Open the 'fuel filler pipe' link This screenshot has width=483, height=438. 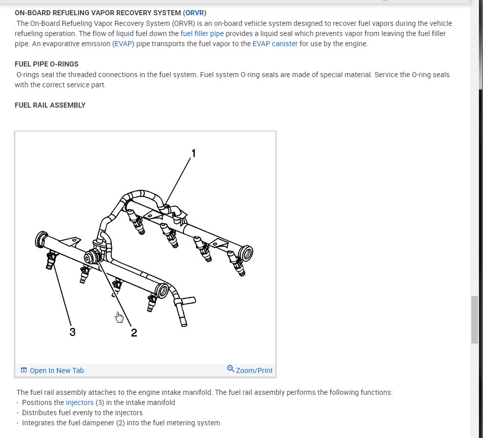(x=202, y=33)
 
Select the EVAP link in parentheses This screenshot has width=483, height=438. (x=122, y=44)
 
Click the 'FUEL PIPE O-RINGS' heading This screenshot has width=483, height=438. (x=47, y=64)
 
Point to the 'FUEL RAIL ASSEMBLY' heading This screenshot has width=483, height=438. (x=50, y=105)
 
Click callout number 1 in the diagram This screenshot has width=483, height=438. (x=193, y=153)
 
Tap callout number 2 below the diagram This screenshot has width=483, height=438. (x=134, y=332)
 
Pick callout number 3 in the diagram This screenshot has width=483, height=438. (x=73, y=332)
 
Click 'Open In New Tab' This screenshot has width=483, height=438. (x=56, y=370)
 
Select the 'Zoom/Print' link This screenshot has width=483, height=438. (x=254, y=370)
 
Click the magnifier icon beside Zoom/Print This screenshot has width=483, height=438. (x=231, y=369)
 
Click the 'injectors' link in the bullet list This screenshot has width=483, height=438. (x=80, y=402)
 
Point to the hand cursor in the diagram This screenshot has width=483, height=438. (x=119, y=317)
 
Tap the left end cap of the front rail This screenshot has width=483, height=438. (x=41, y=239)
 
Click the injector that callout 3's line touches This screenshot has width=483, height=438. (x=51, y=260)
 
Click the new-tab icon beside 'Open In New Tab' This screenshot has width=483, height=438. (x=23, y=370)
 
